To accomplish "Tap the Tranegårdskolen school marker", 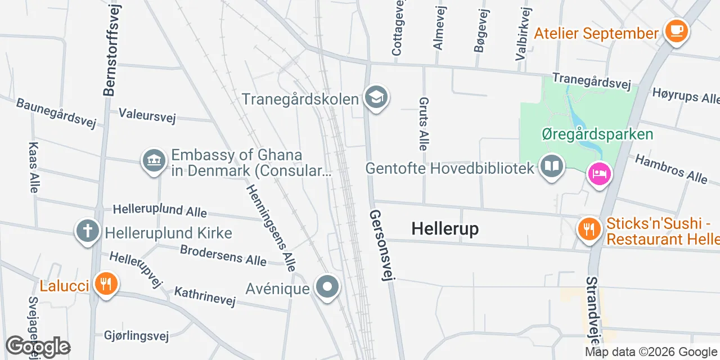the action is tap(375, 97).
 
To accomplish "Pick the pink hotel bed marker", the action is tap(599, 173).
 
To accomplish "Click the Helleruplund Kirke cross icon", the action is tap(87, 231).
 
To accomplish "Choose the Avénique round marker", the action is tap(327, 288).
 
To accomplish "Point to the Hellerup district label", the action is tap(445, 228).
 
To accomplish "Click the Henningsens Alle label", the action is tap(271, 228).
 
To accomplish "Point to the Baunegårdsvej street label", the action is tap(56, 112).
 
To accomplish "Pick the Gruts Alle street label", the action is tap(424, 124).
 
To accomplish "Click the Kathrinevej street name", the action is tap(205, 296).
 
